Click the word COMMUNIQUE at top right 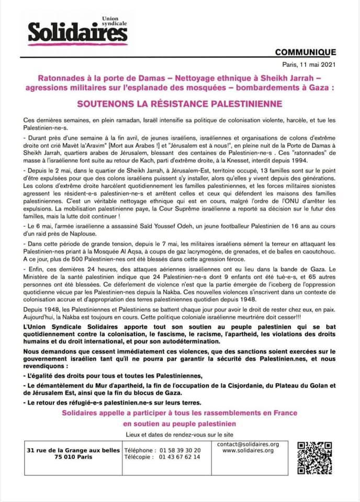(305, 52)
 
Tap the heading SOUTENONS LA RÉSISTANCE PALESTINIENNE (179, 104)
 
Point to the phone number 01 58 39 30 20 (178, 450)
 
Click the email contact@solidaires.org (248, 444)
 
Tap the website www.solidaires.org (248, 451)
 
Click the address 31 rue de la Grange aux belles (74, 450)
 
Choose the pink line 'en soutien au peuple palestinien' (179, 424)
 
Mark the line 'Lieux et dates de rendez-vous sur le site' (179, 435)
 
